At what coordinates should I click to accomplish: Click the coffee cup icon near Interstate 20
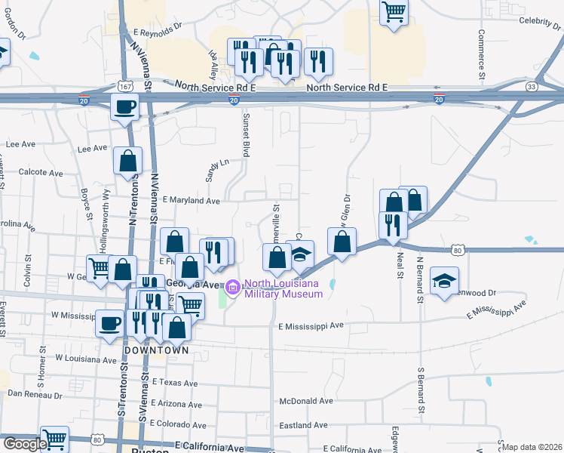coord(125,106)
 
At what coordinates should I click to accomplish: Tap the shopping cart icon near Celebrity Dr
coord(394,13)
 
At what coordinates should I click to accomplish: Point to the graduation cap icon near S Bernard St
coord(445,280)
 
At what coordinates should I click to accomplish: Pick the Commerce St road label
coord(480,54)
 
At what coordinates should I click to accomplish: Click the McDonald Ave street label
coord(305,401)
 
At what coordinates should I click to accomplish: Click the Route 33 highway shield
coord(533,86)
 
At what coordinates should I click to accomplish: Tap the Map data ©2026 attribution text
coord(532,447)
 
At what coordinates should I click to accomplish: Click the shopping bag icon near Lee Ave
coord(127,160)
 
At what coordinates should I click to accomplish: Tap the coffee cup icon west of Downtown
coord(109,324)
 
